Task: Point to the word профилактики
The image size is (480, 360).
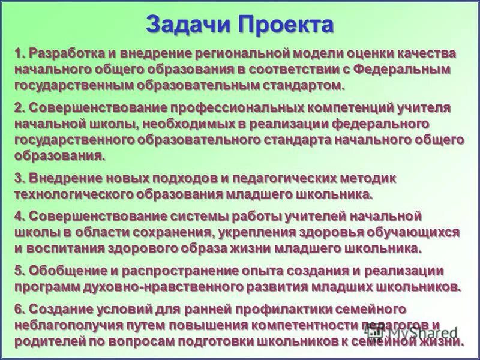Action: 281,310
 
